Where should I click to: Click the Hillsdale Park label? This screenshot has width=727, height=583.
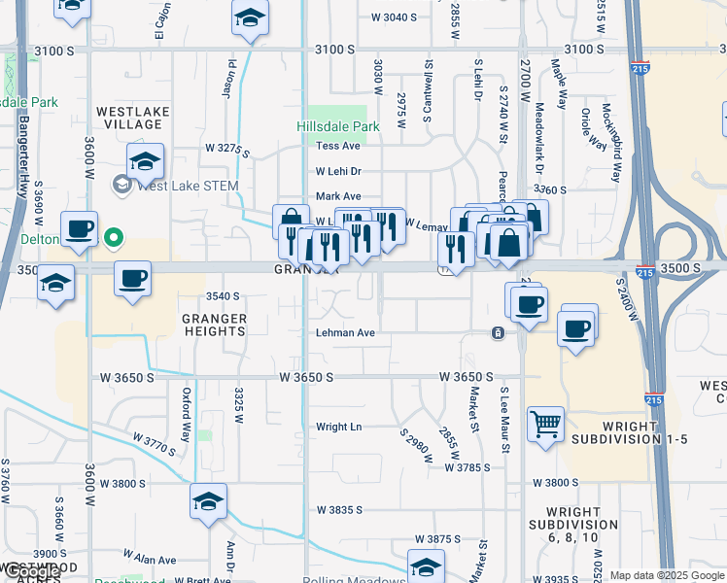pyautogui.click(x=337, y=126)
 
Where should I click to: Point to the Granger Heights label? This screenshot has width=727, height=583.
pyautogui.click(x=214, y=325)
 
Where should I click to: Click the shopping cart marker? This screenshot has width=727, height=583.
pyautogui.click(x=546, y=424)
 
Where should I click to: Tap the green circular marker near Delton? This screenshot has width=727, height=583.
pyautogui.click(x=114, y=237)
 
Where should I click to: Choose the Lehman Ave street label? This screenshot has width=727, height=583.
pyautogui.click(x=345, y=332)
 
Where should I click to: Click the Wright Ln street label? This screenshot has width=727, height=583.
pyautogui.click(x=338, y=427)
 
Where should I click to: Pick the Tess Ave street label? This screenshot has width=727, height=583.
pyautogui.click(x=338, y=146)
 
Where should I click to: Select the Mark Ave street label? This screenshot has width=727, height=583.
pyautogui.click(x=338, y=196)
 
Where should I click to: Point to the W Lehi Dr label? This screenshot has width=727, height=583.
pyautogui.click(x=338, y=171)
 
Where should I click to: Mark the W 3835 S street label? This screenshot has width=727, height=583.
pyautogui.click(x=339, y=509)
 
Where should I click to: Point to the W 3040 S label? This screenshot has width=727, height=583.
pyautogui.click(x=395, y=17)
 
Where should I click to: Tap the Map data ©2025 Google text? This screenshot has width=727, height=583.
pyautogui.click(x=666, y=575)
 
